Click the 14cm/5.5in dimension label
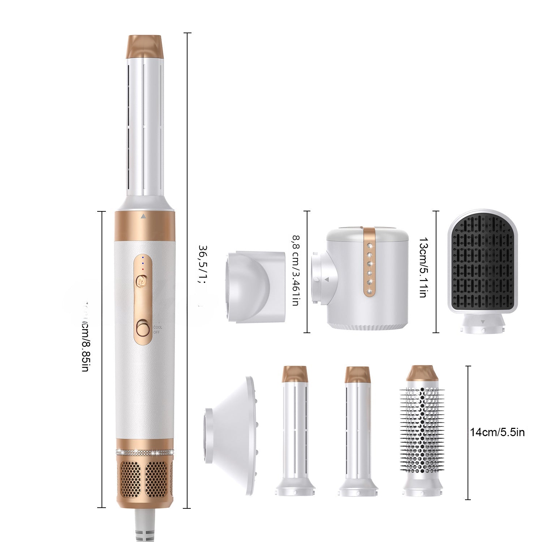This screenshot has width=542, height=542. coord(497,432)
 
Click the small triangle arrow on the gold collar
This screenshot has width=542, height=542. coord(143,216)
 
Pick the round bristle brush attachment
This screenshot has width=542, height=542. coord(422,434)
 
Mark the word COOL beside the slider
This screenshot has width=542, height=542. coord(158,327)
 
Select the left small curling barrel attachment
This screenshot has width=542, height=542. coord(295,434)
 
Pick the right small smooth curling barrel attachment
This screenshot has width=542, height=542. coord(357,434)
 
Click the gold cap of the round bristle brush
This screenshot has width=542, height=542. coord(422,374)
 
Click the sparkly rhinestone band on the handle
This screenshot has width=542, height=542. coord(145,452)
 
